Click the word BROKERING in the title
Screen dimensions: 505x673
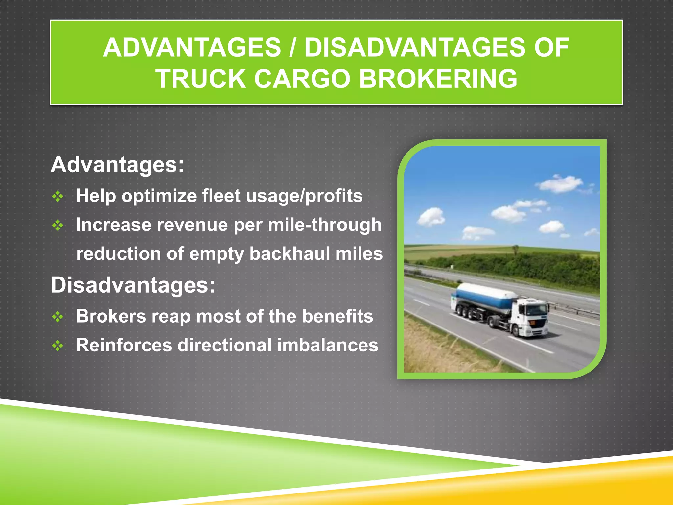click(438, 79)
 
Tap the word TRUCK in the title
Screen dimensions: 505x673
click(200, 79)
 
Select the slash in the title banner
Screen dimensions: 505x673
click(292, 48)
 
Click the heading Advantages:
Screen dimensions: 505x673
click(117, 164)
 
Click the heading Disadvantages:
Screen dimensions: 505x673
click(133, 285)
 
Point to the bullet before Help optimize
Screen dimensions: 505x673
click(58, 196)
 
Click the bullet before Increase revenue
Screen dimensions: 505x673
click(58, 225)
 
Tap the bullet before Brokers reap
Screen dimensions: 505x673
click(58, 317)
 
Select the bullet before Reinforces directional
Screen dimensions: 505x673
click(58, 346)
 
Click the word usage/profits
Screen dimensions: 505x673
click(304, 196)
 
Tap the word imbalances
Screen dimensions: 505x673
click(327, 345)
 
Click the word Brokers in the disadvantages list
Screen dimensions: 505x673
click(111, 316)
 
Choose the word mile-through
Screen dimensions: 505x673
click(325, 225)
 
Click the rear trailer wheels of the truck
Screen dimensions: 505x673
click(465, 312)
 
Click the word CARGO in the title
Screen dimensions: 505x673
click(302, 79)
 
